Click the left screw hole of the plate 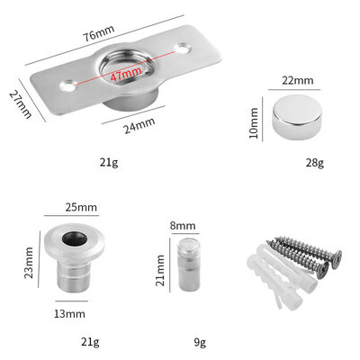click(x=67, y=87)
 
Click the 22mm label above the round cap click(x=298, y=80)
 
